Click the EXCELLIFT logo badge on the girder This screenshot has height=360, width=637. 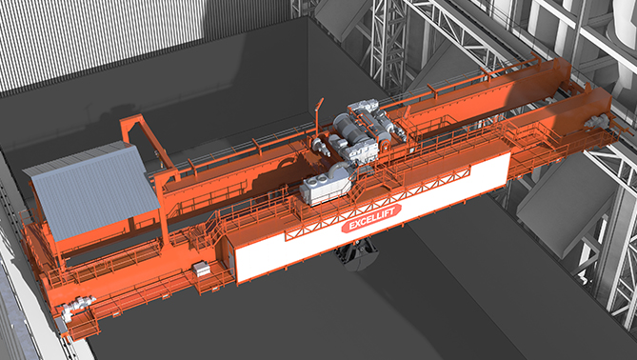(x=371, y=218)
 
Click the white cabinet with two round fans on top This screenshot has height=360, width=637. (x=325, y=189)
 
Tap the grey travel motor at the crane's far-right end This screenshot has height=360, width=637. (x=597, y=121)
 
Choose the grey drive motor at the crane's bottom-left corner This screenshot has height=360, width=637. (x=77, y=306)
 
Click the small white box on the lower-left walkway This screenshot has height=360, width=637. (x=201, y=269)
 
